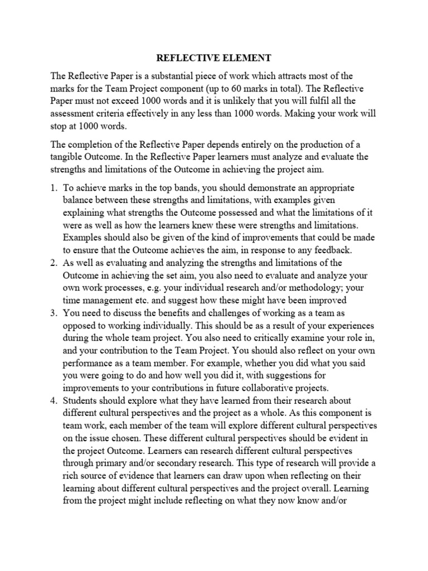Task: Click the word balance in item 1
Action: (x=80, y=201)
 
